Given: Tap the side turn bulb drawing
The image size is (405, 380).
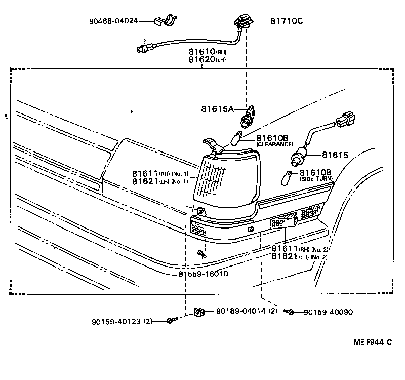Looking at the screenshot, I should pos(287,178).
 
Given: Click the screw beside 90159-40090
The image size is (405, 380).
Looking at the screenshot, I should pos(290,312).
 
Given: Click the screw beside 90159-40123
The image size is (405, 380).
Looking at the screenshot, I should pos(170,320).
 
